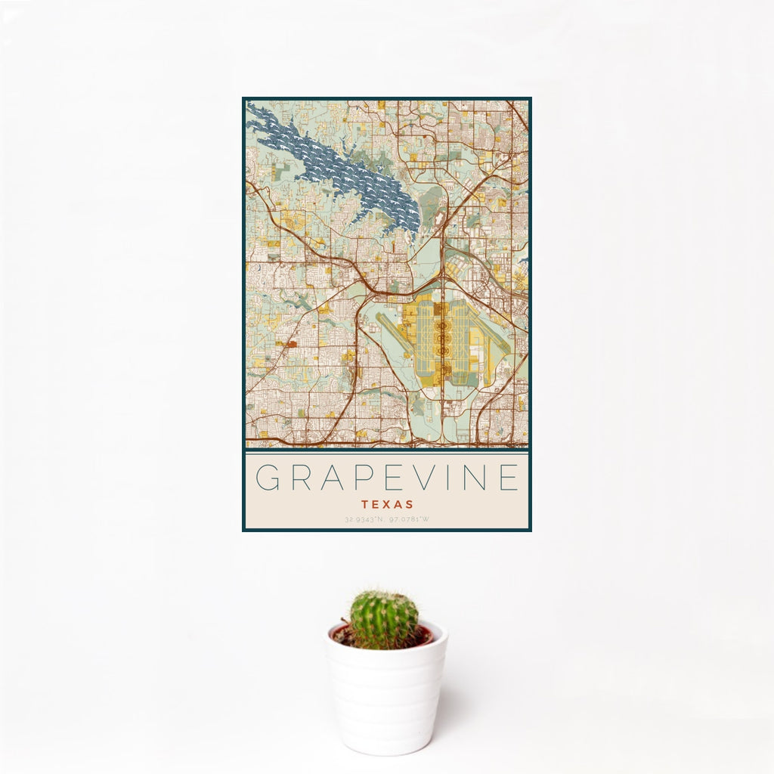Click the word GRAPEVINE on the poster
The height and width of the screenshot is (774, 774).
coord(387,478)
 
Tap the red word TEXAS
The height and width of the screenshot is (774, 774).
coord(387,504)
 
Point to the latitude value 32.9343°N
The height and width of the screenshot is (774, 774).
coord(364,520)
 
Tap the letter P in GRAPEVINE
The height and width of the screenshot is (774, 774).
coord(358,478)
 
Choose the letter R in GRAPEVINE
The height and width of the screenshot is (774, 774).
coord(298,478)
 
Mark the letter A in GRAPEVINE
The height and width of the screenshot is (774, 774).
coord(328,478)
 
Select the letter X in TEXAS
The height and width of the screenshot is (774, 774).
coord(386,504)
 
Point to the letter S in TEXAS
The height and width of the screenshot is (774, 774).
coord(409,504)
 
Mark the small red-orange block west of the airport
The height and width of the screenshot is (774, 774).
coord(292,343)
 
